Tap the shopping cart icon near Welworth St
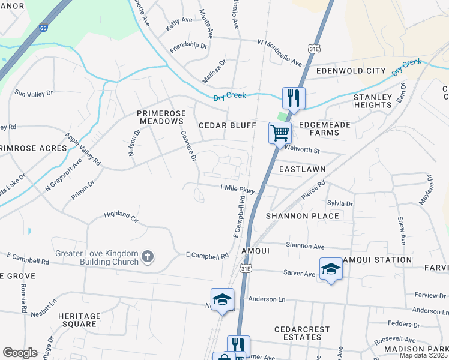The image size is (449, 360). click(280, 132)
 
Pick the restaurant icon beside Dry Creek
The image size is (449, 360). click(294, 98)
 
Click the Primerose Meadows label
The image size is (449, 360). click(160, 117)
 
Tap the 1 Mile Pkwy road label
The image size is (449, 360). click(238, 189)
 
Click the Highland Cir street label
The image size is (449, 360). click(121, 214)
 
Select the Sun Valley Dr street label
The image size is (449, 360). click(34, 94)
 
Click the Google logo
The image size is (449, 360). click(20, 353)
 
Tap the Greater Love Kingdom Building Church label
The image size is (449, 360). click(97, 258)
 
